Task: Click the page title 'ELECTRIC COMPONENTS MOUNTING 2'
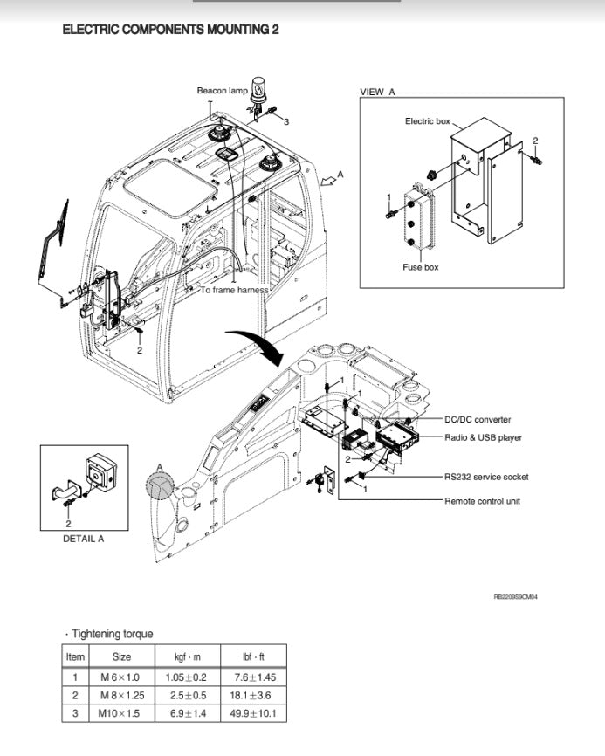(170, 30)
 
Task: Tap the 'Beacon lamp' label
(223, 90)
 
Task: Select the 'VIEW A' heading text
(377, 92)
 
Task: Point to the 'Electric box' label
(427, 121)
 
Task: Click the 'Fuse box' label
(420, 267)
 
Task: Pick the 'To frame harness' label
(235, 290)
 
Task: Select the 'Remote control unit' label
(482, 501)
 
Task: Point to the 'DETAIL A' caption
(83, 539)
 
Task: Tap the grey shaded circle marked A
(161, 485)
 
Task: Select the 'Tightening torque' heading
(111, 634)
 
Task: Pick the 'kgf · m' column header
(185, 656)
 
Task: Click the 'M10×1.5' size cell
(122, 712)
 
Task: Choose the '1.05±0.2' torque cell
(185, 677)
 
